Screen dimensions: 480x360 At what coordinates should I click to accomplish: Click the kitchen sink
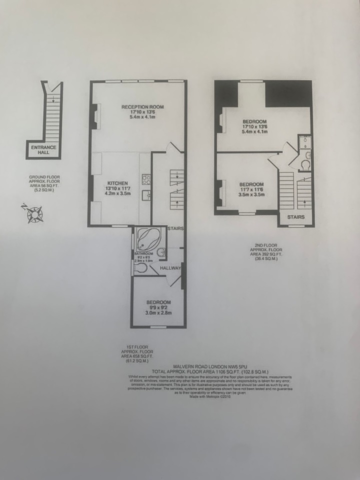point(146,195)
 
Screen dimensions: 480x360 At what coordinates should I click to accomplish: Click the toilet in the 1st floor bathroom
point(140,268)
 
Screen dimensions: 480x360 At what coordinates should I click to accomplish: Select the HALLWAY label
point(170,268)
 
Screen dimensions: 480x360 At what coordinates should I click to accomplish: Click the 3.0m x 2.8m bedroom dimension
point(158,313)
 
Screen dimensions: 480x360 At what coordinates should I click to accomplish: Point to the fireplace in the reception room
point(94,116)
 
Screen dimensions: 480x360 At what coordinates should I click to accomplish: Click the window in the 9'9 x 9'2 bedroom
point(158,327)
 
